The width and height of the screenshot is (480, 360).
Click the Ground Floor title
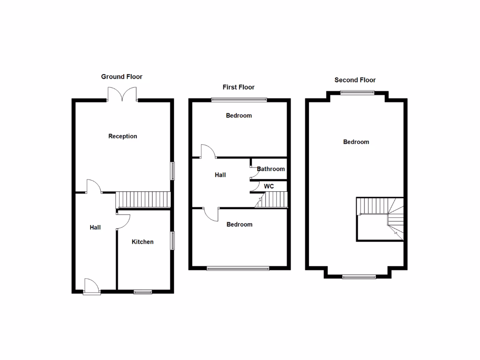121,76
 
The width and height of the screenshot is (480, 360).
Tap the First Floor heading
239,87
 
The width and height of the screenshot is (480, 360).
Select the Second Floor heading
355,80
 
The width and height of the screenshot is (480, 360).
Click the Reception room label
123,136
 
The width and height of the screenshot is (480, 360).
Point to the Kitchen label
142,242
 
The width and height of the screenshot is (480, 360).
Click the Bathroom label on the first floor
270,169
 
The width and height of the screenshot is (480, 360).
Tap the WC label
269,187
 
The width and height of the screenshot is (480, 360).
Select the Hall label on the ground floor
95,227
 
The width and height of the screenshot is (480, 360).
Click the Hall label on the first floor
220,175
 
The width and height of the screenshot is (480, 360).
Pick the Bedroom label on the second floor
356,142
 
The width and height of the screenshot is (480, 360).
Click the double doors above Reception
122,94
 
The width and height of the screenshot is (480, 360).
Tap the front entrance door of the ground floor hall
92,286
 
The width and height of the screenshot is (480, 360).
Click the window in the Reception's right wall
172,171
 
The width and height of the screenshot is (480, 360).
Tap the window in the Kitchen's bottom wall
142,292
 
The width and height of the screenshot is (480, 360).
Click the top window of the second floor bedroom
357,92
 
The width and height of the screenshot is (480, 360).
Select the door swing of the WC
255,187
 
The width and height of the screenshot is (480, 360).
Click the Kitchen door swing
123,221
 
